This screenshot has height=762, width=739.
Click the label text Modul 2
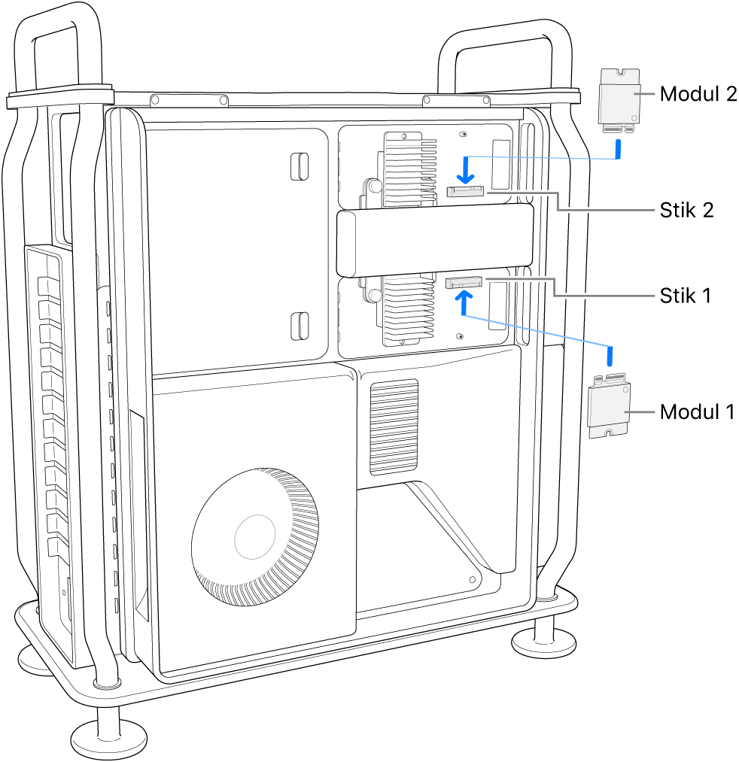(698, 94)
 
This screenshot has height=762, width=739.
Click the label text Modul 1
(698, 412)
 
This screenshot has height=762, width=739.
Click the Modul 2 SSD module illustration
(619, 98)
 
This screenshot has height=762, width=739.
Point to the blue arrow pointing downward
(467, 169)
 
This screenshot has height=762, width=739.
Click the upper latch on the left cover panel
(299, 166)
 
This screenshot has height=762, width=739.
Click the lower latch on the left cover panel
(299, 324)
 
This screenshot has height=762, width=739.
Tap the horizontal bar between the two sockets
(434, 242)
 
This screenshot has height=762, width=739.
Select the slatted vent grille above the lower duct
(394, 426)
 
